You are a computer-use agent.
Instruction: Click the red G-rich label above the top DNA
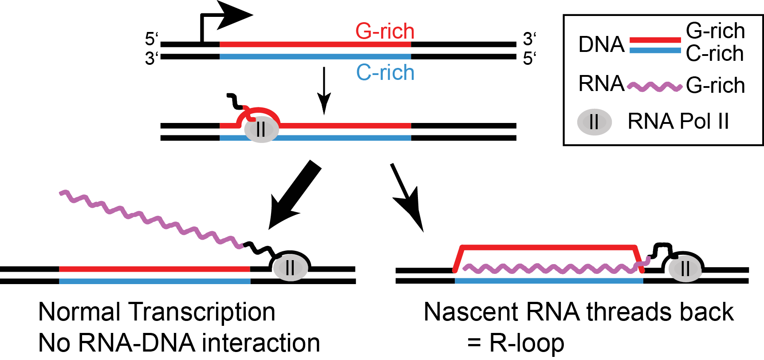point(385,32)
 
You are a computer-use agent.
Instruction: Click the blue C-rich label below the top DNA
point(385,72)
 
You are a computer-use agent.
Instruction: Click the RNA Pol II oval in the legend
point(594,122)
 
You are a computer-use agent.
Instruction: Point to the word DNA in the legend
point(601,45)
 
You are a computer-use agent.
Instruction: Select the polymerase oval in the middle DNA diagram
point(261,129)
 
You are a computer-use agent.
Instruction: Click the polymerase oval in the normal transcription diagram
point(290,268)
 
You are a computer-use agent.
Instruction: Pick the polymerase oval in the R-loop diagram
point(685,268)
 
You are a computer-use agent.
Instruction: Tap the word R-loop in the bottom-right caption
point(527,343)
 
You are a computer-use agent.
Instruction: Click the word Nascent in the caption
point(470,312)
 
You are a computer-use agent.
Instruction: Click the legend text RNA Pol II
point(678,122)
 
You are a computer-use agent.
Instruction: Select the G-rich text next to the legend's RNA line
point(715,85)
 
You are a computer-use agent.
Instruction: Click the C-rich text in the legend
point(714,54)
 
